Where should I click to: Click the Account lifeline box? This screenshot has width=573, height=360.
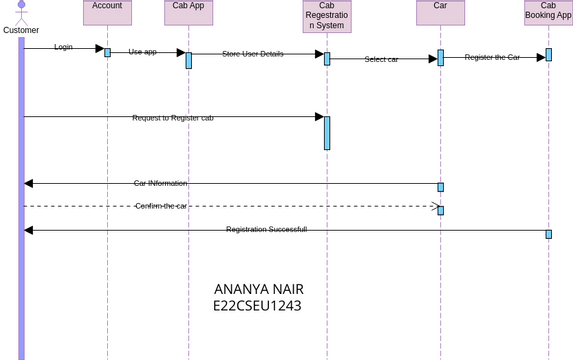(107, 12)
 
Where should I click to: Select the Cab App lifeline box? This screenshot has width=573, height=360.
(188, 12)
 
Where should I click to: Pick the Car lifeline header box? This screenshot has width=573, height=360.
(440, 12)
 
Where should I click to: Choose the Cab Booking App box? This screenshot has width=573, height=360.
(548, 12)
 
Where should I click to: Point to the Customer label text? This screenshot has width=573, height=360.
(21, 30)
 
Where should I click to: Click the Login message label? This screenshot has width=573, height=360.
(63, 47)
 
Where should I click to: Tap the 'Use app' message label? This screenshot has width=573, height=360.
(142, 51)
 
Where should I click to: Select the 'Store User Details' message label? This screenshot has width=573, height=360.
(252, 53)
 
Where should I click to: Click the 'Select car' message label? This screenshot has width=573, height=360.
(381, 59)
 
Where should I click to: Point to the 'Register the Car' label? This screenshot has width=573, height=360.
(492, 57)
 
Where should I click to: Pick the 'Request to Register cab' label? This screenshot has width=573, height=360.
(172, 117)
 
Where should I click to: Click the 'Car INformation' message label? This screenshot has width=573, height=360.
(160, 183)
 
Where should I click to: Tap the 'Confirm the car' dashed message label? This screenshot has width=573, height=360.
(161, 205)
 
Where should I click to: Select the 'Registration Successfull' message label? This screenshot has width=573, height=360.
(266, 229)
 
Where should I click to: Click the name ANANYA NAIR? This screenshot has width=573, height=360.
(258, 289)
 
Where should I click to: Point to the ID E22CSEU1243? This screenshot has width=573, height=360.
(257, 306)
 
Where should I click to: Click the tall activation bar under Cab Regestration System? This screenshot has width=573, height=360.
(327, 133)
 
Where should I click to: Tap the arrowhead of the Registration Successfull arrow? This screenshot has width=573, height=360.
(28, 230)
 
